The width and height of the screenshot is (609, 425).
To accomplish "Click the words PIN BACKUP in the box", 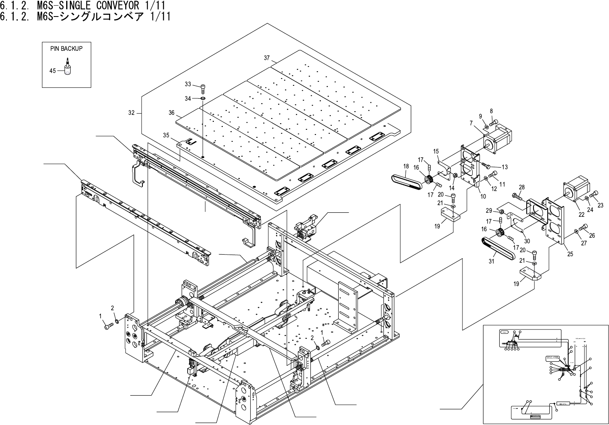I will coord(66,48).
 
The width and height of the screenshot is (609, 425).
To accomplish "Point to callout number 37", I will coord(267,58).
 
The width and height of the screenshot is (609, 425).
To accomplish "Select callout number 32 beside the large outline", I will coord(132,113).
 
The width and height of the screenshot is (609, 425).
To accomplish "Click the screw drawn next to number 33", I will coord(203,86).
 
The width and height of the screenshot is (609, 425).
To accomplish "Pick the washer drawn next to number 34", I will coord(203,98).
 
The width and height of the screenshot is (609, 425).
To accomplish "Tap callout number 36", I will coord(172,113).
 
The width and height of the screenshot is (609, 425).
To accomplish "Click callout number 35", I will coord(166,136).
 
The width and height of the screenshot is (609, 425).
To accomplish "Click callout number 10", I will coord(483,196).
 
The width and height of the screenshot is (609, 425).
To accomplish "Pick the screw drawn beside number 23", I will coord(594,196).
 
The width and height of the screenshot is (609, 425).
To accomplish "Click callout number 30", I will coord(527,241).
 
